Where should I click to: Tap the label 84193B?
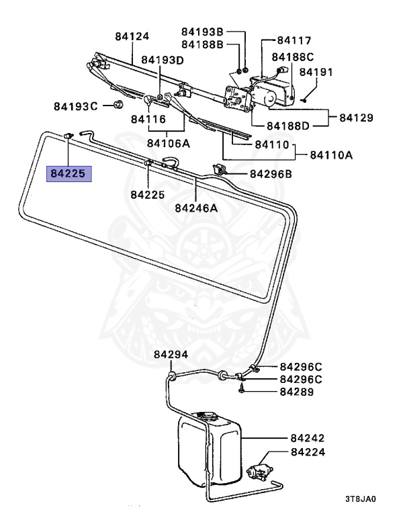click(203, 32)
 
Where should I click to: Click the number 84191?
click(316, 71)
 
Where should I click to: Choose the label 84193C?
click(76, 106)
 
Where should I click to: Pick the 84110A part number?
click(331, 155)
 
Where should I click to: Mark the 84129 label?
click(355, 118)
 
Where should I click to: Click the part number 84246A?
click(196, 208)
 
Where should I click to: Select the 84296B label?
click(271, 174)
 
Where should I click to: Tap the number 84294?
click(171, 355)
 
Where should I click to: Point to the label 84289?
click(296, 392)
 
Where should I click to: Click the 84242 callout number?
click(308, 437)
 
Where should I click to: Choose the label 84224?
click(308, 452)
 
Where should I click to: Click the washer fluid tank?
click(208, 447)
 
